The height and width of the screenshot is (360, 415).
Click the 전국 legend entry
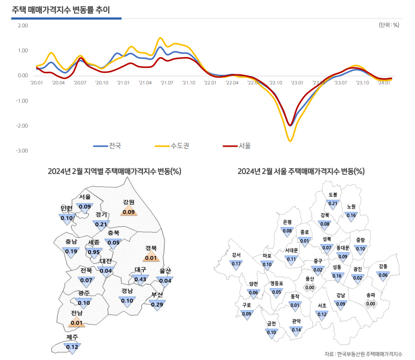coord(115,145)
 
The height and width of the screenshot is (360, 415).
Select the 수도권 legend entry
coord(180,145)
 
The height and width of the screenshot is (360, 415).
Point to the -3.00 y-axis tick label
coord(23,151)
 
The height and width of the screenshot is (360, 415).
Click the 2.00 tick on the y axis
coord(23,25)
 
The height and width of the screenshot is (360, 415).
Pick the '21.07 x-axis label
coord(166,83)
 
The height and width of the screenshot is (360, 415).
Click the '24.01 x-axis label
coord(384,83)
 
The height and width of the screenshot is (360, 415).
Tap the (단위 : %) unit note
coord(389,25)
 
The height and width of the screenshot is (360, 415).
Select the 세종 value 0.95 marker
coord(94,252)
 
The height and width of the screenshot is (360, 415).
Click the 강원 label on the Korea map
coord(129,202)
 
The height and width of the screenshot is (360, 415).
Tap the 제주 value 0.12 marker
coord(72,347)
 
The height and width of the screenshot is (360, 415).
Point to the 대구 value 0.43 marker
coord(140,279)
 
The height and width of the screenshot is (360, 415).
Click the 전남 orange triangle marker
coord(76,323)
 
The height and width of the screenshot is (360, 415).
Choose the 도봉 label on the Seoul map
coord(333,195)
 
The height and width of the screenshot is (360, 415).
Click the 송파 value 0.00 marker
coord(370,303)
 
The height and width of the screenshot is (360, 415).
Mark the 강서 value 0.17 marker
coord(236,264)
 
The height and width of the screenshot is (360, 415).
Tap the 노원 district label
coord(351,207)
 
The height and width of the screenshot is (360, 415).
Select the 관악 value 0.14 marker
coord(296,329)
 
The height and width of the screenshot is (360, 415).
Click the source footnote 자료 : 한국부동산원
coord(363,354)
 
